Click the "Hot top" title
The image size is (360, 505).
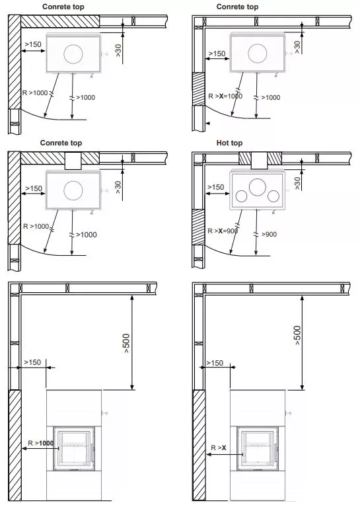(229, 143)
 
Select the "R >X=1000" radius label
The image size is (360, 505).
(225, 96)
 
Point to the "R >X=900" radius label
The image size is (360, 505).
(223, 231)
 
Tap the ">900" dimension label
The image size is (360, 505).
(270, 234)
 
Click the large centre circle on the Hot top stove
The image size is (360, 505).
(258, 187)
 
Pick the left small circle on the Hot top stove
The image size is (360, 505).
(241, 196)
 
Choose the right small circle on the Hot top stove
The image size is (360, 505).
(273, 196)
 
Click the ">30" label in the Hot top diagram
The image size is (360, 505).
(297, 183)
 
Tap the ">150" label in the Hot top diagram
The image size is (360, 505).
(215, 187)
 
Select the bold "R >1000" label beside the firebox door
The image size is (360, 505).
(40, 443)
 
